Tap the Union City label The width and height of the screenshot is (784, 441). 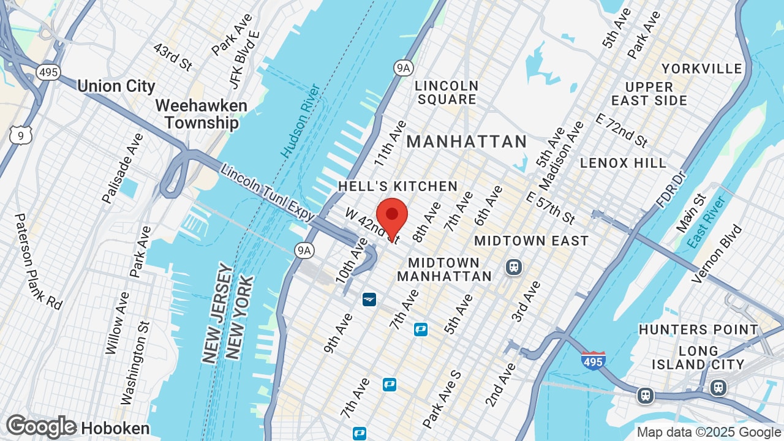point(116,86)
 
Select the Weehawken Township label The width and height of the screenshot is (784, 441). point(201,114)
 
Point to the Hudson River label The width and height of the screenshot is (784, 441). point(301,121)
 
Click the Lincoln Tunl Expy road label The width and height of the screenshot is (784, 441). point(268,192)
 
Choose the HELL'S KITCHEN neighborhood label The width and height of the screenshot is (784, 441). point(398,186)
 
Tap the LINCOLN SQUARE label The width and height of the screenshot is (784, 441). point(446,92)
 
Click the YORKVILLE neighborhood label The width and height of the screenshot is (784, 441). point(702,68)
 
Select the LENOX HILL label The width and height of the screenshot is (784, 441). point(623,163)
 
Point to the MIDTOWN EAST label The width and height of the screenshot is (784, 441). point(531,241)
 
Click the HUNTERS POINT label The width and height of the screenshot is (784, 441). point(698,330)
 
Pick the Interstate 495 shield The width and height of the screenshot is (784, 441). point(593,360)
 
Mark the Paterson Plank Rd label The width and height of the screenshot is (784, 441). point(39,261)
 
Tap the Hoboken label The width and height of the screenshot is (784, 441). point(115,428)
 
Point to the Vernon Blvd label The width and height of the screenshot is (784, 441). point(717,255)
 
